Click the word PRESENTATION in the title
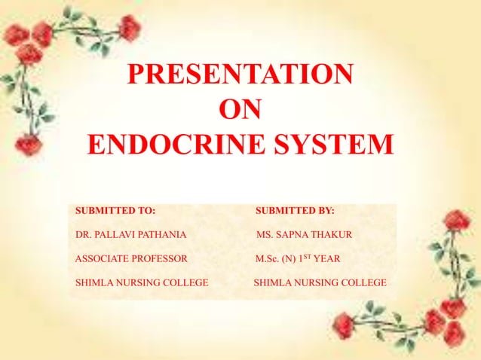[240, 75]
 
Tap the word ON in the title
[240, 110]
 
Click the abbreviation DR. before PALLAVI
[84, 236]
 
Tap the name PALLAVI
[113, 236]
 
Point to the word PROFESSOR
[162, 259]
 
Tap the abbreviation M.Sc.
[268, 259]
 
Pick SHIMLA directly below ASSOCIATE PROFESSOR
[93, 283]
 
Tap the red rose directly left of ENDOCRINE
[29, 144]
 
